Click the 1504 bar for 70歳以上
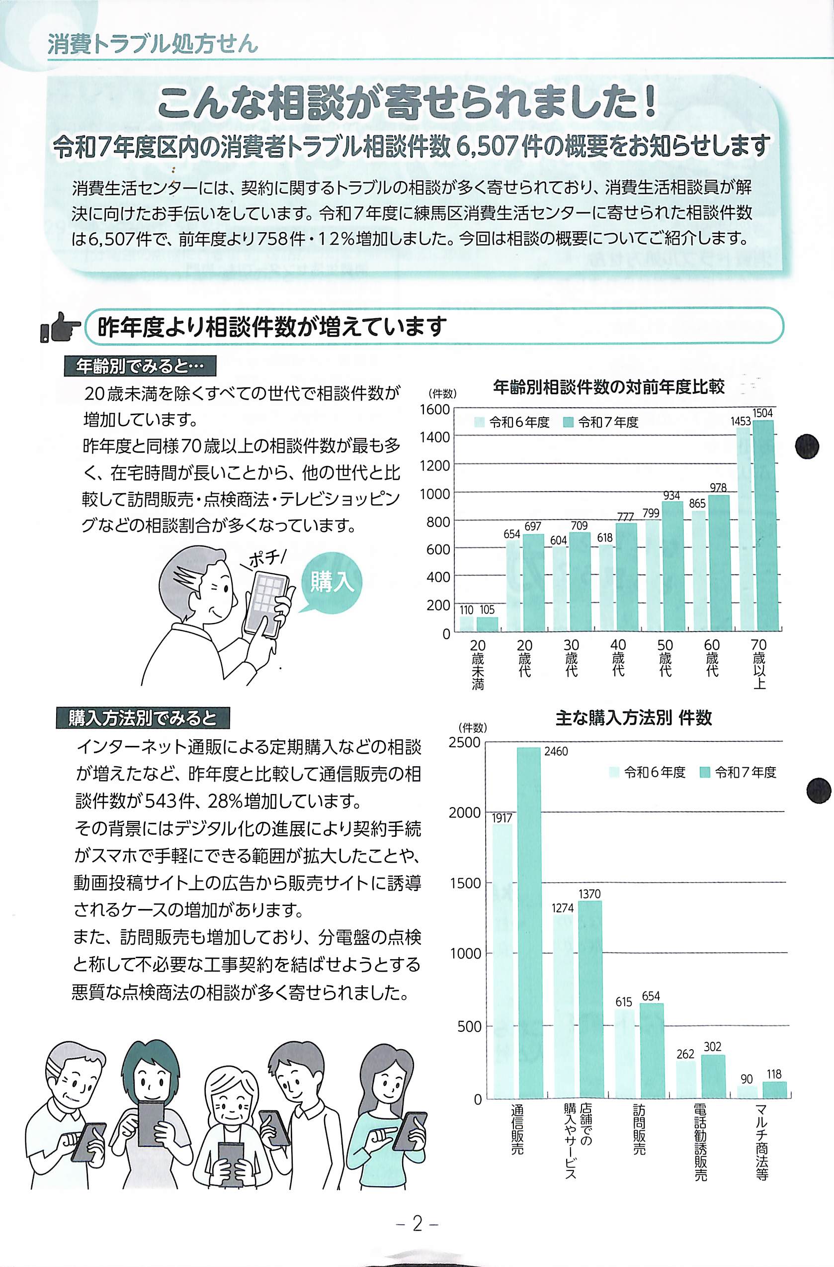[764, 526]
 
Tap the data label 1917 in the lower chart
[502, 818]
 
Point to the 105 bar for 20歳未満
[487, 624]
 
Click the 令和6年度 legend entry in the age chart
[511, 422]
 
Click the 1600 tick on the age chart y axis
[434, 409]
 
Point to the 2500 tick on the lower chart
[464, 742]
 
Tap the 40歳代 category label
[618, 657]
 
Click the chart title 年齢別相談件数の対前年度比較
[608, 387]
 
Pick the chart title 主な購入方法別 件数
[633, 718]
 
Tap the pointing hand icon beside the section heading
[60, 327]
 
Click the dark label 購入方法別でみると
[143, 718]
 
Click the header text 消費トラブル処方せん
[153, 44]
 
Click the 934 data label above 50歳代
[672, 496]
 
